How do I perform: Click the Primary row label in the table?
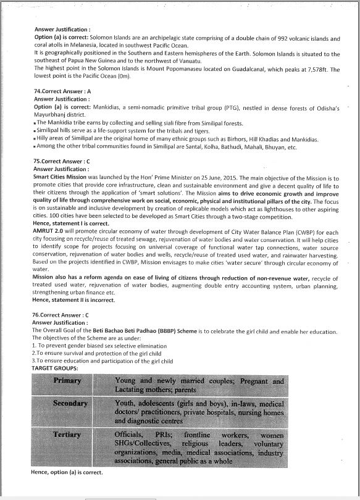(67, 381)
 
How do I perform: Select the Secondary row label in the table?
(70, 404)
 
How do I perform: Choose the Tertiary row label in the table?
(67, 435)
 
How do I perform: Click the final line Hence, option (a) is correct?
(67, 472)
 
